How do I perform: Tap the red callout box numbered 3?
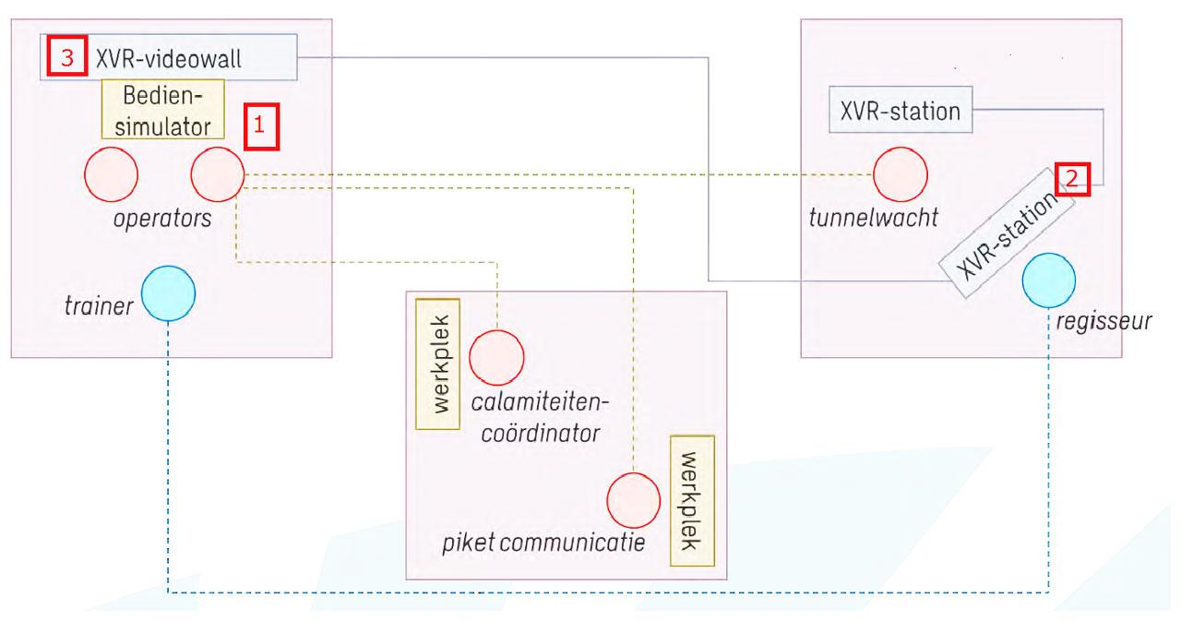(66, 57)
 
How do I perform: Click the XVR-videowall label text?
(173, 57)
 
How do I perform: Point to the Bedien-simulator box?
(163, 109)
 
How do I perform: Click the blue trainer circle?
(169, 293)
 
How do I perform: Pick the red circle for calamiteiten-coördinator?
(496, 357)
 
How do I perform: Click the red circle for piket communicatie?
(634, 498)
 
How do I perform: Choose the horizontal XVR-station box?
(900, 113)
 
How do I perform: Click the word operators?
(163, 220)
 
